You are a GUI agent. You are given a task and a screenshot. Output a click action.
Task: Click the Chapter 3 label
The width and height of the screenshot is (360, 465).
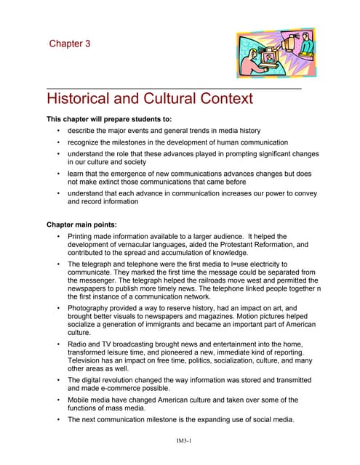tap(70, 44)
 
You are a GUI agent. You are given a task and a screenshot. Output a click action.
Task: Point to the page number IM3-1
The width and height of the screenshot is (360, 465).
tap(180, 440)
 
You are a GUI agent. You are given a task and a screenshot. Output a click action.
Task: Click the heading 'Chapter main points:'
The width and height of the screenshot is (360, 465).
tap(84, 225)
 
